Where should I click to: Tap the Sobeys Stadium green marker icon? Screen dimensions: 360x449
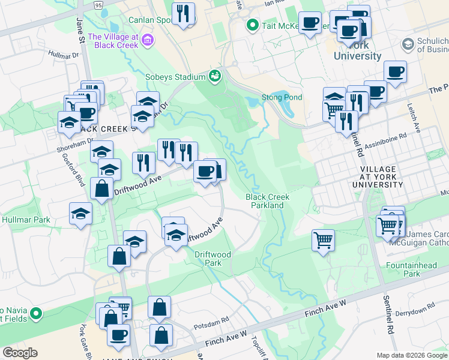tap(214, 76)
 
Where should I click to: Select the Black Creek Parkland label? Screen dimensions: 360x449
tap(267, 201)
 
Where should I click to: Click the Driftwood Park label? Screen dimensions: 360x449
tap(212, 259)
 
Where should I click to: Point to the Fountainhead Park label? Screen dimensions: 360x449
tap(420, 269)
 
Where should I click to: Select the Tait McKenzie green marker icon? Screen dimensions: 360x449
tap(252, 25)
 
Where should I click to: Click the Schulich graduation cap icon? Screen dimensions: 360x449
tap(408, 45)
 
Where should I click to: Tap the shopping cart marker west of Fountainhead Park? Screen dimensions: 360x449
tap(323, 241)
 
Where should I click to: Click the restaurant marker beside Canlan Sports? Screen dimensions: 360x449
tap(183, 14)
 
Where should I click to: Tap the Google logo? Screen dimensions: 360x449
tap(20, 353)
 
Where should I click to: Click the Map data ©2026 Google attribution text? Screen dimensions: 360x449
tap(412, 355)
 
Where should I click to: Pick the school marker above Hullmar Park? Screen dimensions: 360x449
tap(80, 214)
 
